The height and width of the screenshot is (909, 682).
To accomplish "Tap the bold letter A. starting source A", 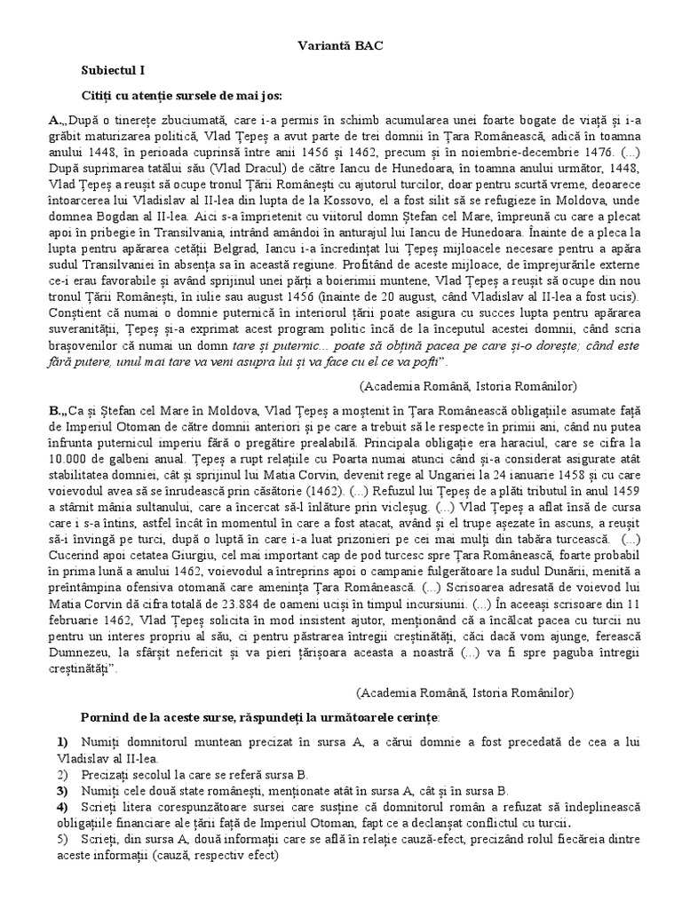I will [56, 119].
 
